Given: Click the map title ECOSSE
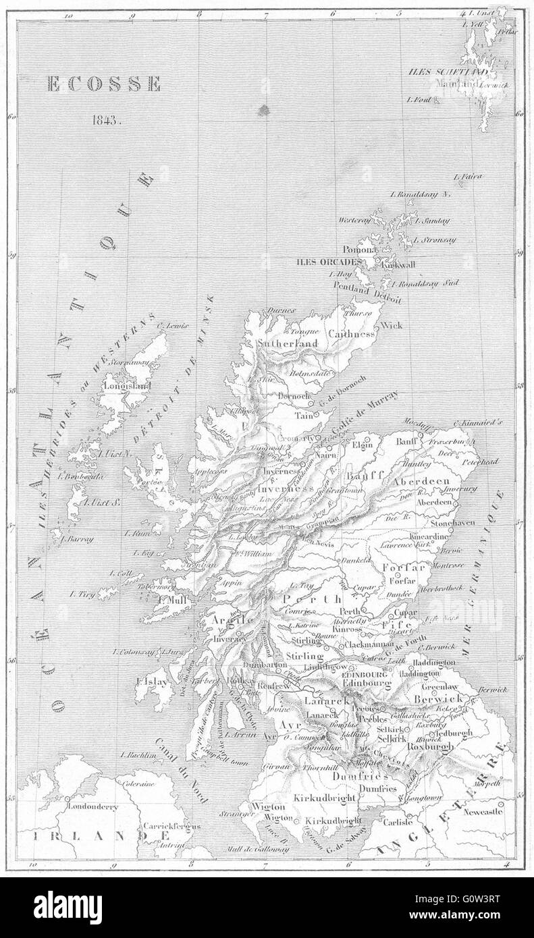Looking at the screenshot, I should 103,84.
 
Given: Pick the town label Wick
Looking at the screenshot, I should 392,325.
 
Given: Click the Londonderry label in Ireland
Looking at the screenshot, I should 92,806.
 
